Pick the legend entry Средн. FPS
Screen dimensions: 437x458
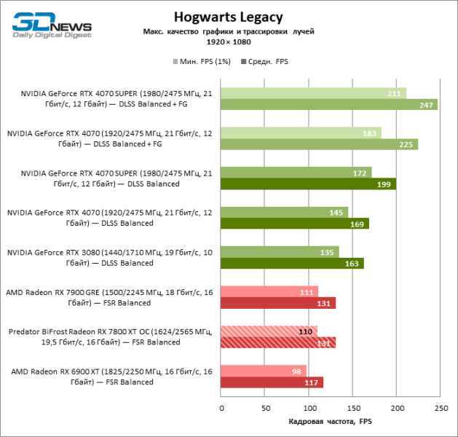point(266,63)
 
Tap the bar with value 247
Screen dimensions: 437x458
point(328,105)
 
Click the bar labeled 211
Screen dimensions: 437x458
point(313,93)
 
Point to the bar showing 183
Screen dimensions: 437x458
point(301,133)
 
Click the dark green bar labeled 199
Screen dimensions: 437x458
point(308,184)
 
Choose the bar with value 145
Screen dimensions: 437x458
point(284,212)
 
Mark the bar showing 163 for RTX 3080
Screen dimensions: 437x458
point(292,263)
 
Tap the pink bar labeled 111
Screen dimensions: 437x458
point(269,291)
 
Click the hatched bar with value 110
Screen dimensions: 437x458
point(269,331)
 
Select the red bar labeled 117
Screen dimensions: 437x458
point(272,382)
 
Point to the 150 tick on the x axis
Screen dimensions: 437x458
point(353,409)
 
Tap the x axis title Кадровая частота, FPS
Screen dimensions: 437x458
point(331,422)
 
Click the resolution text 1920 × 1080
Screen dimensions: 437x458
point(229,43)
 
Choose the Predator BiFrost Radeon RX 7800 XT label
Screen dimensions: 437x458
point(111,336)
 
